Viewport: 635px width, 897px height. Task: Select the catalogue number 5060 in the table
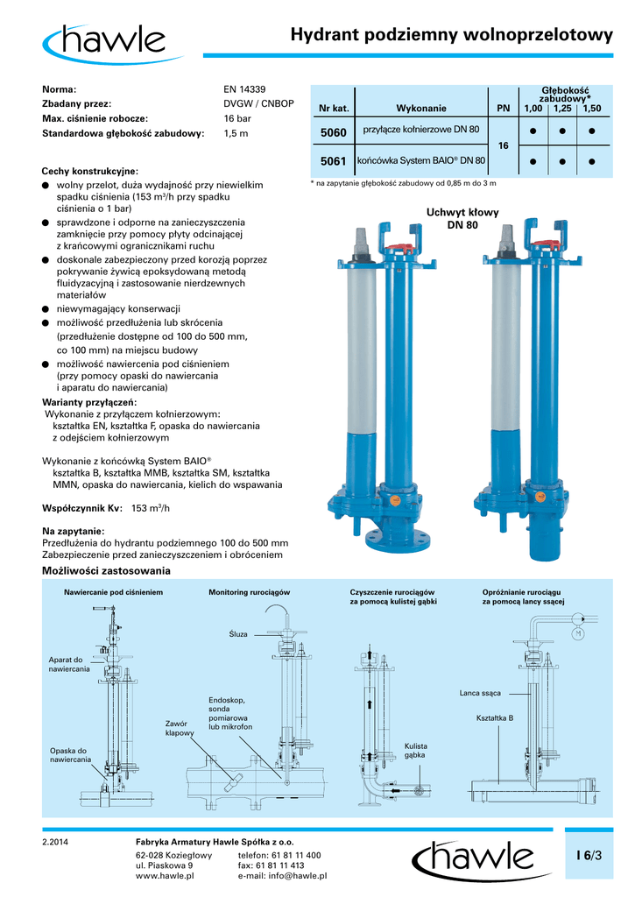(333, 132)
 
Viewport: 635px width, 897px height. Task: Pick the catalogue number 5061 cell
(333, 161)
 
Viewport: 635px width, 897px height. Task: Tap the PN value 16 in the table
(503, 146)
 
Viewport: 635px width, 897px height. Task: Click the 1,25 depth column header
(561, 108)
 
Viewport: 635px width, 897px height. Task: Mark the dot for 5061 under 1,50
(592, 162)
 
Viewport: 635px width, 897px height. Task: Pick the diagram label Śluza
(238, 632)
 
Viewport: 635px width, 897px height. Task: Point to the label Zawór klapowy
(178, 728)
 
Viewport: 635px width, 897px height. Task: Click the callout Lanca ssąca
(479, 693)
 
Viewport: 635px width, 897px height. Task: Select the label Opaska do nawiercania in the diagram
(70, 754)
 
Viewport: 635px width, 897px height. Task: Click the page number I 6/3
(589, 855)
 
